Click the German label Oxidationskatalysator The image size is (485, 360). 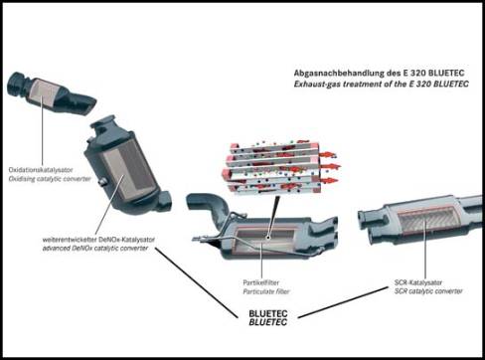[41, 170]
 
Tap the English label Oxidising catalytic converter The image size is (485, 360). [50, 179]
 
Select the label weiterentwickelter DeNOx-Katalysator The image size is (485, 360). [98, 240]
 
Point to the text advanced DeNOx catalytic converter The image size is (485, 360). [95, 249]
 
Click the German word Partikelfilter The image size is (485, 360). [261, 282]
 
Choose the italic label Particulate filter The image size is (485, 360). [266, 291]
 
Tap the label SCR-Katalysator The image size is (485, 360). [418, 282]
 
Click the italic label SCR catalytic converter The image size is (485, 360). [428, 291]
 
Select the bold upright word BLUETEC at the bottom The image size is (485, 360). [268, 313]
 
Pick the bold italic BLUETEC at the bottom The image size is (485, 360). [267, 322]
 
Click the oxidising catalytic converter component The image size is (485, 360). [51, 92]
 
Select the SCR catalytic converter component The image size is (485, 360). [420, 219]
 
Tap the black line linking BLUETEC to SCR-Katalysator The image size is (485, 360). [343, 302]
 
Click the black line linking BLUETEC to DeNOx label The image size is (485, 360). [197, 283]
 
